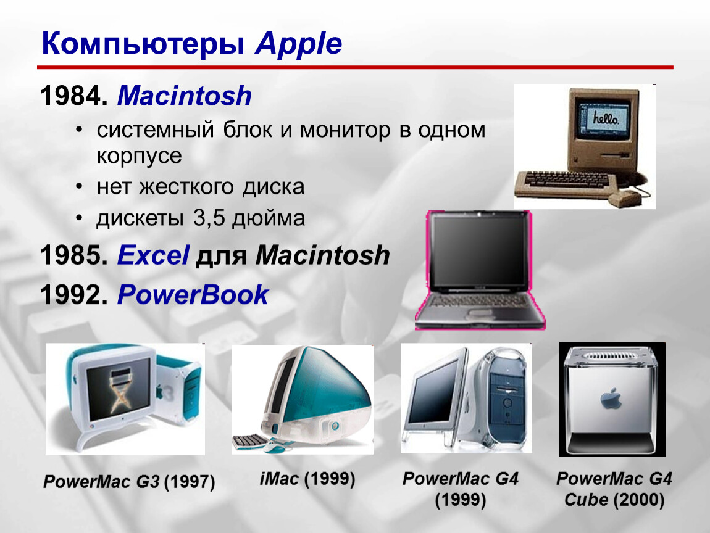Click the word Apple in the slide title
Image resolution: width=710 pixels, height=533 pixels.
[x=298, y=44]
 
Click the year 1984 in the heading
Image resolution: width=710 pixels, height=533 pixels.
[x=70, y=96]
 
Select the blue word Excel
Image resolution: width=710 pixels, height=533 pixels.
[x=153, y=255]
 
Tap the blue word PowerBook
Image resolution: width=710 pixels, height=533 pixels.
[x=193, y=295]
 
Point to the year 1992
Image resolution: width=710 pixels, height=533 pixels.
[x=70, y=295]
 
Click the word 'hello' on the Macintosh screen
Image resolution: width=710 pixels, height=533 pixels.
[x=605, y=118]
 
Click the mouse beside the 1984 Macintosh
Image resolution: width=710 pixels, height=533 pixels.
[x=625, y=198]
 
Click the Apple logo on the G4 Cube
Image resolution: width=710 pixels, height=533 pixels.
[x=611, y=399]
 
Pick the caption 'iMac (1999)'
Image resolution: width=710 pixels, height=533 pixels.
[x=307, y=479]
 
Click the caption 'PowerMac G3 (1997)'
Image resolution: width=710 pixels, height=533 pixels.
[x=129, y=481]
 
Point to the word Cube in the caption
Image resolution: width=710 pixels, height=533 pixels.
[x=586, y=500]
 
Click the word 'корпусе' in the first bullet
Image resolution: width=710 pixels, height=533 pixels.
[x=139, y=156]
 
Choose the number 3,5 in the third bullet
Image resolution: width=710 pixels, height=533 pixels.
[x=209, y=218]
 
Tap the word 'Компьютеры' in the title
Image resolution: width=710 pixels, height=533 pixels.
[x=143, y=44]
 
